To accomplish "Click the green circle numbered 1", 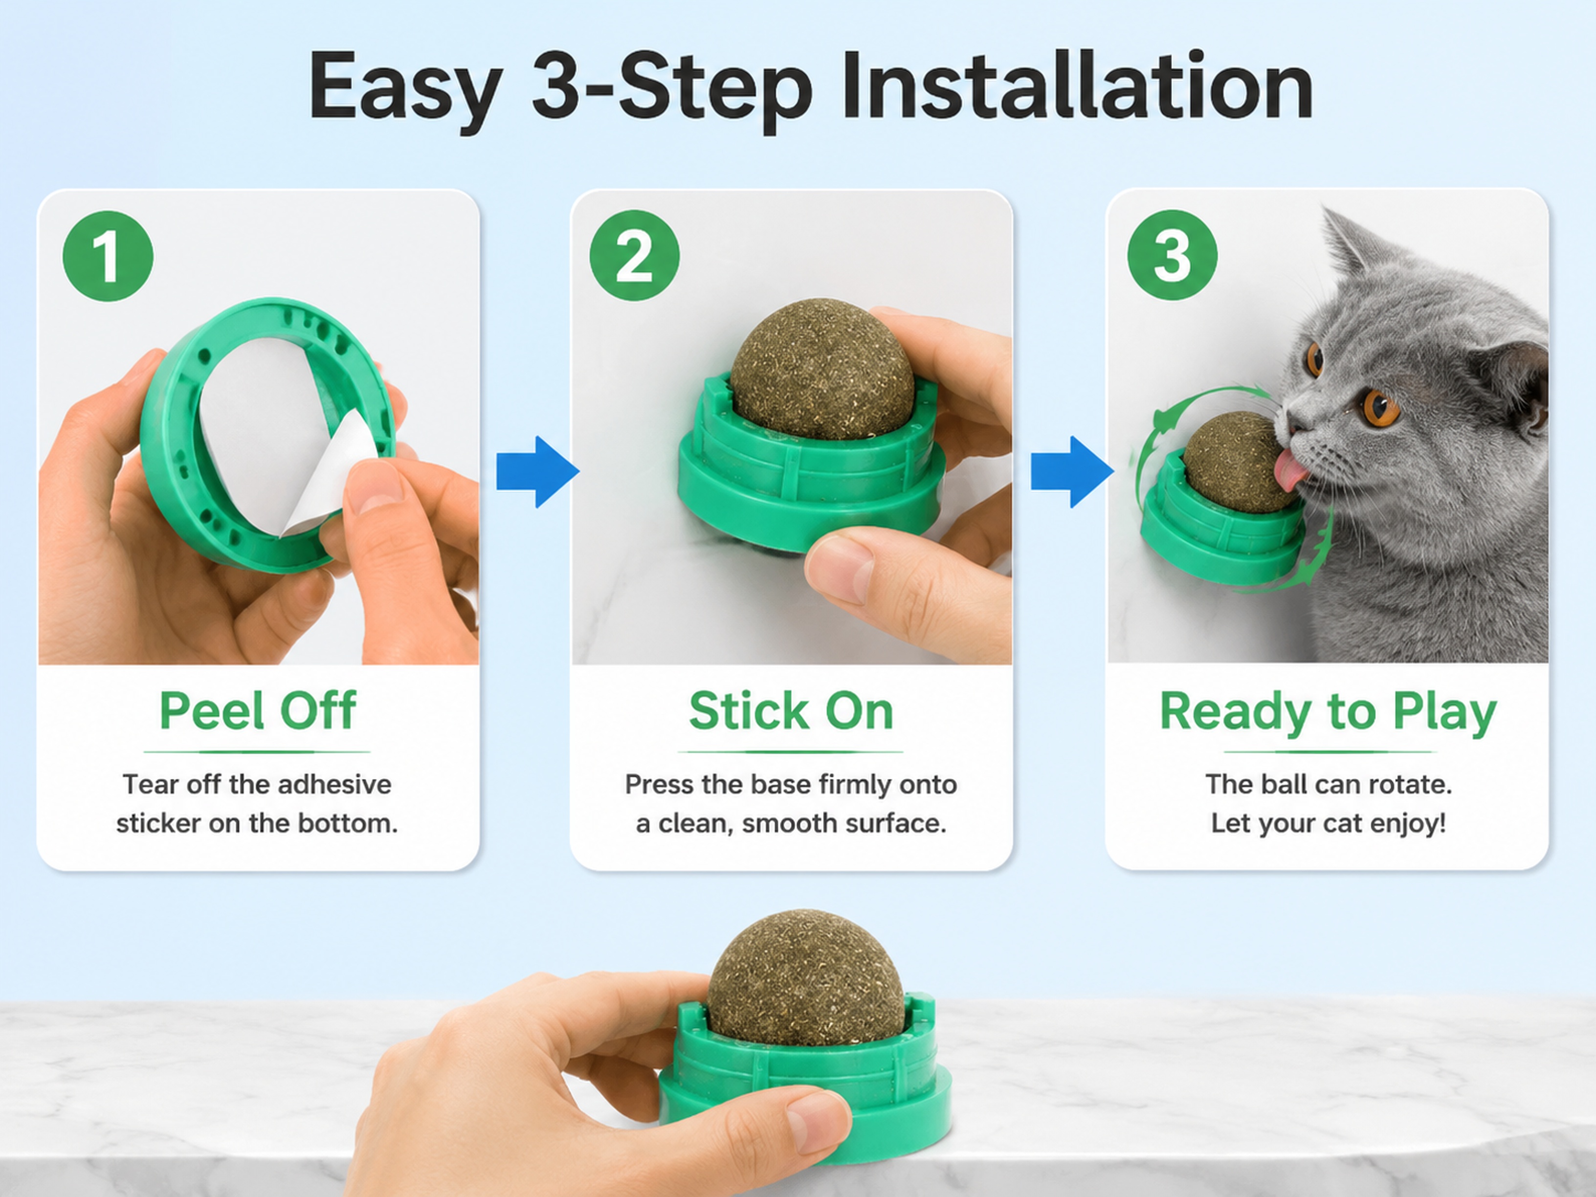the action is (x=108, y=256).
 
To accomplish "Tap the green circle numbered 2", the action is (x=634, y=256).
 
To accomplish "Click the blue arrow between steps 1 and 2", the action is (x=537, y=472).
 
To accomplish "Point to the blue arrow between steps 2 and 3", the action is (x=1072, y=472).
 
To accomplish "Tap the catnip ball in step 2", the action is (x=822, y=369).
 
